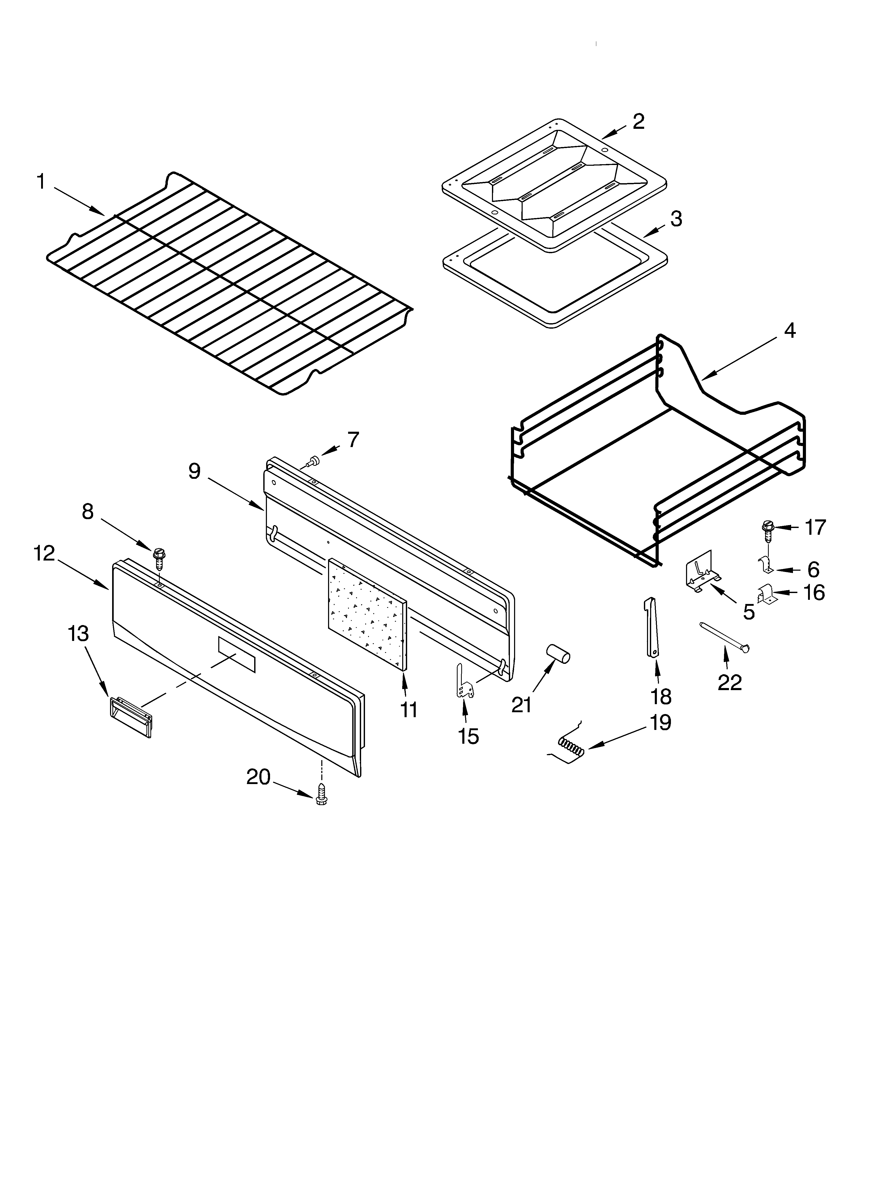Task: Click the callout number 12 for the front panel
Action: pyautogui.click(x=44, y=553)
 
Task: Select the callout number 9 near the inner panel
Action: pyautogui.click(x=195, y=470)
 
